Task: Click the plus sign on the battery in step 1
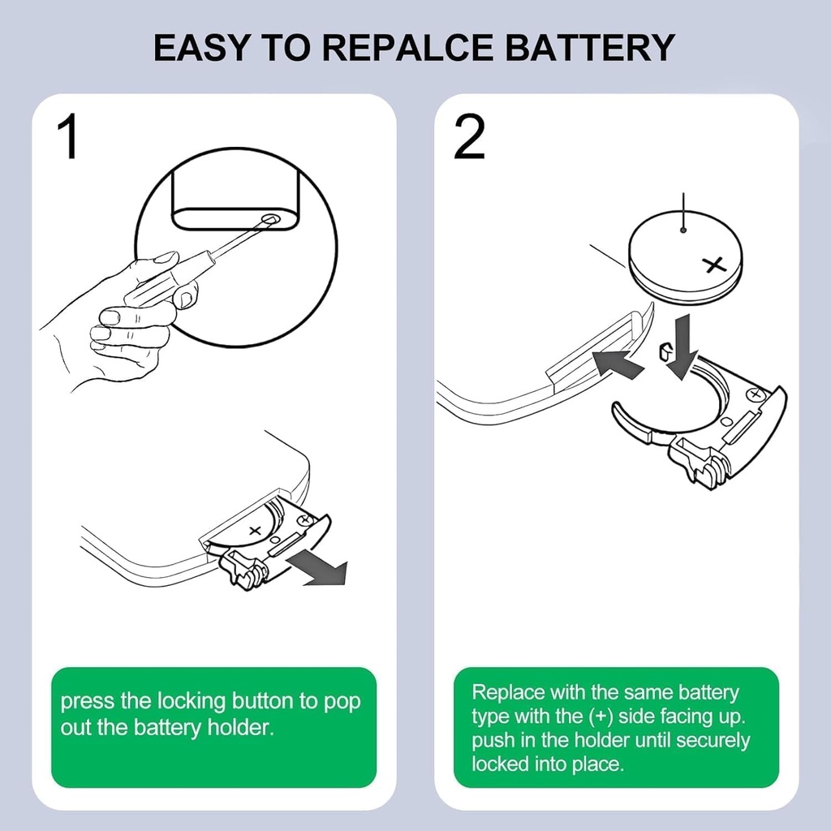click(255, 529)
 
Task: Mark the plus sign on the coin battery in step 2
click(714, 264)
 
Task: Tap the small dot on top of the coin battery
click(684, 230)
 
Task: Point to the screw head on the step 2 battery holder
click(756, 395)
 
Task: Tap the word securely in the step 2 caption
click(713, 740)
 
